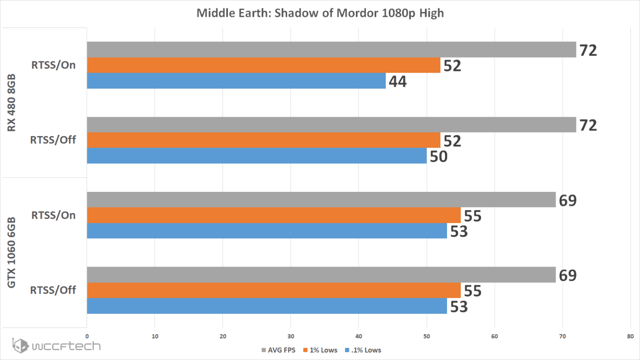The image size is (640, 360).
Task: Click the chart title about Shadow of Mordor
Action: [x=320, y=13]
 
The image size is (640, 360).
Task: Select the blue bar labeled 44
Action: [x=236, y=81]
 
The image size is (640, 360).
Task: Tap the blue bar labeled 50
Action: [x=257, y=156]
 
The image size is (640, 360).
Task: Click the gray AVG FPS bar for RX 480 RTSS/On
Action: [x=331, y=50]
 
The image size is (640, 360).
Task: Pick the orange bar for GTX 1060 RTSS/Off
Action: [x=274, y=290]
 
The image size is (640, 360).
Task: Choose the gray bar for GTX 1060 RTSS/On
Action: [x=321, y=200]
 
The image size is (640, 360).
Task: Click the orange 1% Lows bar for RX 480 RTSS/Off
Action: [x=264, y=140]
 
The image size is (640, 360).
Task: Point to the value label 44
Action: [x=397, y=81]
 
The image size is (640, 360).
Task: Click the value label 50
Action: [x=438, y=156]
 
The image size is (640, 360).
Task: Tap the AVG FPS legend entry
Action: [x=278, y=350]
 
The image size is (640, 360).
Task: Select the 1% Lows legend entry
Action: [x=320, y=350]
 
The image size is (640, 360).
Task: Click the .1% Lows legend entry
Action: [x=363, y=350]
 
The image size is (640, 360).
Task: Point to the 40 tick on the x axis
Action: [x=358, y=336]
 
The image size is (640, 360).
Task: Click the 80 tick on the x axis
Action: [x=630, y=336]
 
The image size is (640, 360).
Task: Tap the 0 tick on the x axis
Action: [x=87, y=336]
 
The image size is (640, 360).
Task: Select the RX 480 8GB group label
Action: [x=11, y=103]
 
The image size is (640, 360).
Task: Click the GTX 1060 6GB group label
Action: [x=11, y=253]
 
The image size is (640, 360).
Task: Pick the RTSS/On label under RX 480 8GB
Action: [x=54, y=65]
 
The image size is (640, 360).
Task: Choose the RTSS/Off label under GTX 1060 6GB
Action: [x=53, y=290]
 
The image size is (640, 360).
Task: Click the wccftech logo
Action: [x=56, y=346]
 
